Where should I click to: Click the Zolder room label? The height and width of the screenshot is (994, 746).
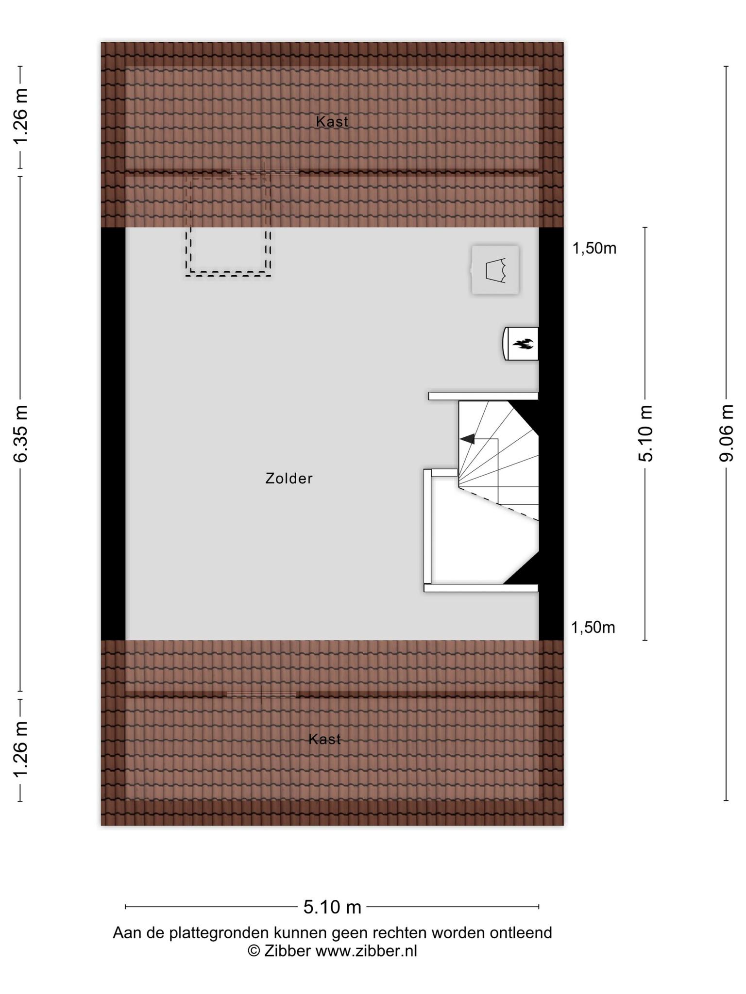(289, 479)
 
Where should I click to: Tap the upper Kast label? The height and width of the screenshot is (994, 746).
(332, 121)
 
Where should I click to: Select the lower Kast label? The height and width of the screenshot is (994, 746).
(325, 739)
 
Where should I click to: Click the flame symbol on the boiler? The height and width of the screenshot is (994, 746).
(523, 344)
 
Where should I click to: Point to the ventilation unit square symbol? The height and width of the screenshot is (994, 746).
(495, 270)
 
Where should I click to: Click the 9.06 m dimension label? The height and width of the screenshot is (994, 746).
(727, 433)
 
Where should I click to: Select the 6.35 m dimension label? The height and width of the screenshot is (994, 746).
(21, 433)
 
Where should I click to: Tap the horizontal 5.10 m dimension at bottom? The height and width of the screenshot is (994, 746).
(332, 907)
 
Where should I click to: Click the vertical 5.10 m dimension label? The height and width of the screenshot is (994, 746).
(646, 433)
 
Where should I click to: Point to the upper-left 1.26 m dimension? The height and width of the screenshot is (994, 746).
(21, 116)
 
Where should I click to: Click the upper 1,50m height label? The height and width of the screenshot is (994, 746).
(594, 248)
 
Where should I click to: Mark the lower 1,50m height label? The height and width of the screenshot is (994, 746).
(593, 628)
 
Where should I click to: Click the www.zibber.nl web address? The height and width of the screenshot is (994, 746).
(366, 951)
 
